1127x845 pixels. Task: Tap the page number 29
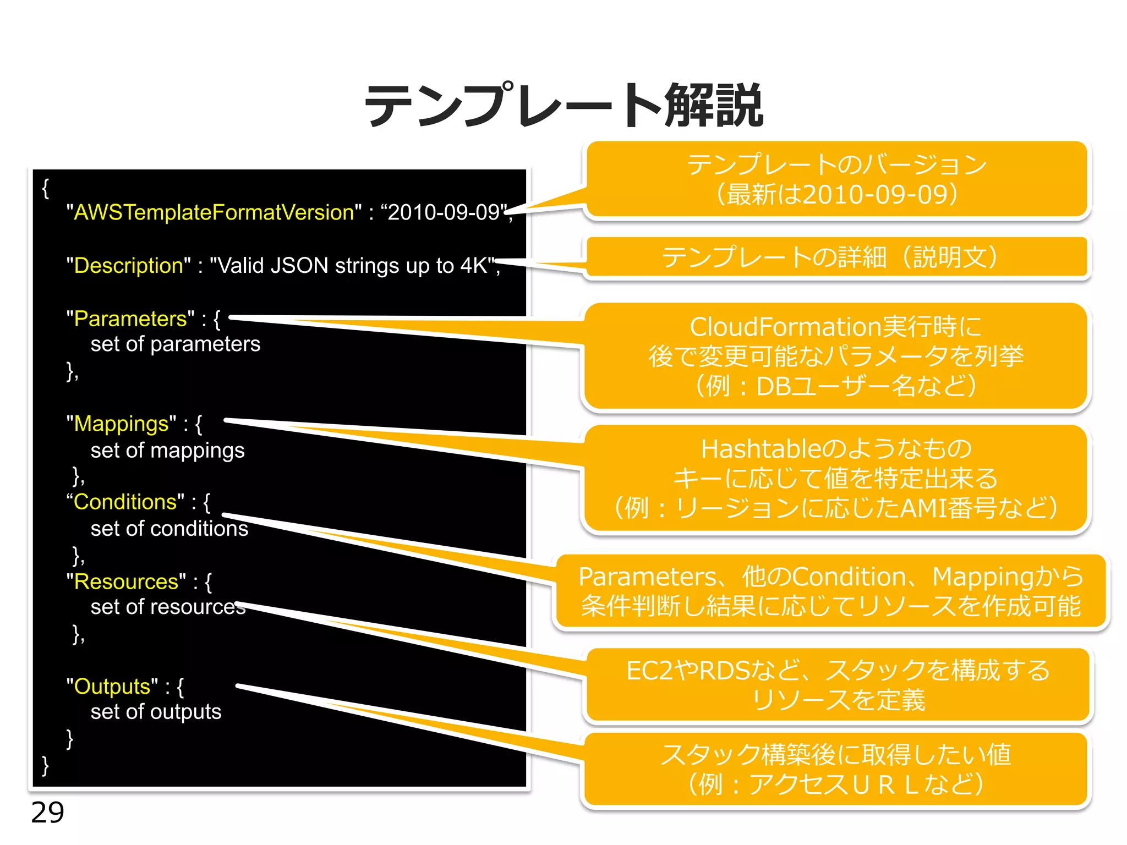[47, 812]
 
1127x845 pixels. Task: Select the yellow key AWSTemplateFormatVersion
[214, 212]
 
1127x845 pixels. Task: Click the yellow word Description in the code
[128, 266]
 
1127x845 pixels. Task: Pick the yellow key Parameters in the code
[130, 319]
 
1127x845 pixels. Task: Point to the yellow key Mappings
[121, 424]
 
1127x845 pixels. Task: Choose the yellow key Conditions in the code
[125, 502]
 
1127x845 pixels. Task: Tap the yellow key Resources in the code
[126, 582]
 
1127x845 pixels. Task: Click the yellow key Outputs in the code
[112, 687]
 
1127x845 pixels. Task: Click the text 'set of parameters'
[175, 344]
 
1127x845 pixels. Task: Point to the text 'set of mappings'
[167, 451]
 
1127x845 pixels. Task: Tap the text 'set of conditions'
[169, 529]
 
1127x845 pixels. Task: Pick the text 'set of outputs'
[156, 712]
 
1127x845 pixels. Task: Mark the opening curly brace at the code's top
[46, 188]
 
